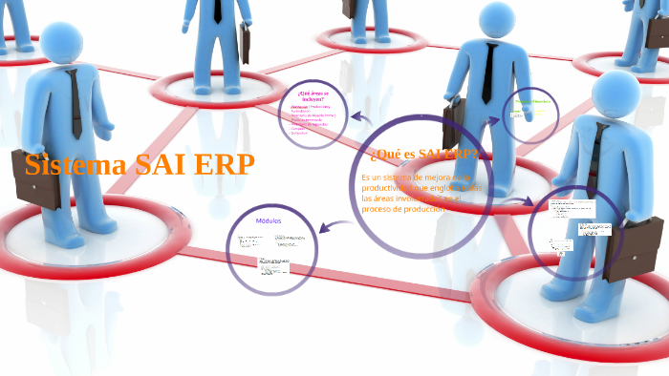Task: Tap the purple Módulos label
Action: (269, 220)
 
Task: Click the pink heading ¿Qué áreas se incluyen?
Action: (312, 94)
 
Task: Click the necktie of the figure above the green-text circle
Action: (488, 72)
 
